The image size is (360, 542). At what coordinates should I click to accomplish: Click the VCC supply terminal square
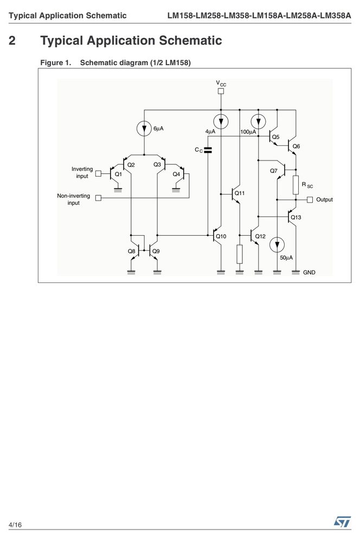point(221,91)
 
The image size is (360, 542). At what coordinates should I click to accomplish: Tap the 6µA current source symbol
point(144,128)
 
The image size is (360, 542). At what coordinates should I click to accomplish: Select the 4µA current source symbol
point(221,121)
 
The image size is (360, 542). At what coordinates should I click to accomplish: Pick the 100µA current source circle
point(258,121)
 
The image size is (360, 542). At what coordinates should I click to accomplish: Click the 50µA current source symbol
point(277,245)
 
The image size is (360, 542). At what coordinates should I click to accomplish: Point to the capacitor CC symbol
point(208,150)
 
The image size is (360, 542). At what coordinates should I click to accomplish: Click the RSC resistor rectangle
point(295,185)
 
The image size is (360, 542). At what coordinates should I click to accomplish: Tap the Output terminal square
point(310,200)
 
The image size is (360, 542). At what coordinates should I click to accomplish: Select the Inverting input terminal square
point(98,173)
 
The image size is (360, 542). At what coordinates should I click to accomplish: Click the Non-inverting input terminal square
point(98,198)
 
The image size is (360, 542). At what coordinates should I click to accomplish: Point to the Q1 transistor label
point(118,174)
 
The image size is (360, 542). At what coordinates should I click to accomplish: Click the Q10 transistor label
point(221,236)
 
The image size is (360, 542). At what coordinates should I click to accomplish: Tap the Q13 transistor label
point(295,217)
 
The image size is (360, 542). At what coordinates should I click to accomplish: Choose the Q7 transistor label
point(274,171)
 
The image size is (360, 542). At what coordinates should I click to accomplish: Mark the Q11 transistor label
point(239,193)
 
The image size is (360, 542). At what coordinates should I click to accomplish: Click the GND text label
point(309,273)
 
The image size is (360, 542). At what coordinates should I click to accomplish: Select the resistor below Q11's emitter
point(239,254)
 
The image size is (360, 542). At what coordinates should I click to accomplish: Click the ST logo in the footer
point(342,521)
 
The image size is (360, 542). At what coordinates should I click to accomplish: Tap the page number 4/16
point(15,525)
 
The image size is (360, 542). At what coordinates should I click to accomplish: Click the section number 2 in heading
point(12,41)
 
